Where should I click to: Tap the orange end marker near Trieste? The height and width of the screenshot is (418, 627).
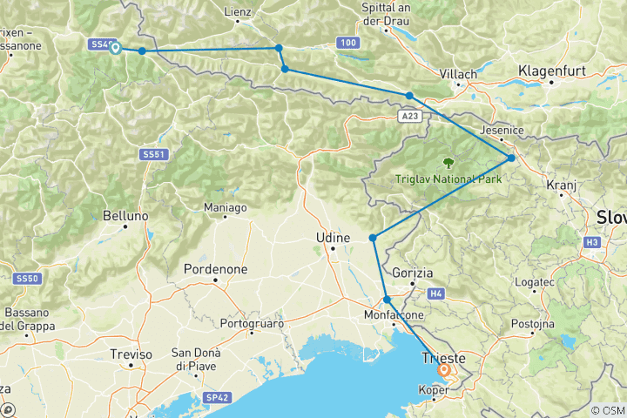pyautogui.click(x=443, y=370)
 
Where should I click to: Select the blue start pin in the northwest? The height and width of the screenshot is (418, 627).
pyautogui.click(x=115, y=48)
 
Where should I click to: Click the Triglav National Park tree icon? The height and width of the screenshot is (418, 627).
pyautogui.click(x=448, y=162)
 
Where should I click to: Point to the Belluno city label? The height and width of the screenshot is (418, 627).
pyautogui.click(x=120, y=214)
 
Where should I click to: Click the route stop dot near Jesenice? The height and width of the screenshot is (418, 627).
pyautogui.click(x=511, y=158)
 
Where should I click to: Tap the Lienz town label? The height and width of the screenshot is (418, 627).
pyautogui.click(x=237, y=12)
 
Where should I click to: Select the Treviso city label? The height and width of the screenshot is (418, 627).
pyautogui.click(x=131, y=354)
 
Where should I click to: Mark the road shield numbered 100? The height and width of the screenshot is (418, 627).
pyautogui.click(x=348, y=42)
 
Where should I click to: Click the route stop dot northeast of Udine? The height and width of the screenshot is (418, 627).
pyautogui.click(x=373, y=238)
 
